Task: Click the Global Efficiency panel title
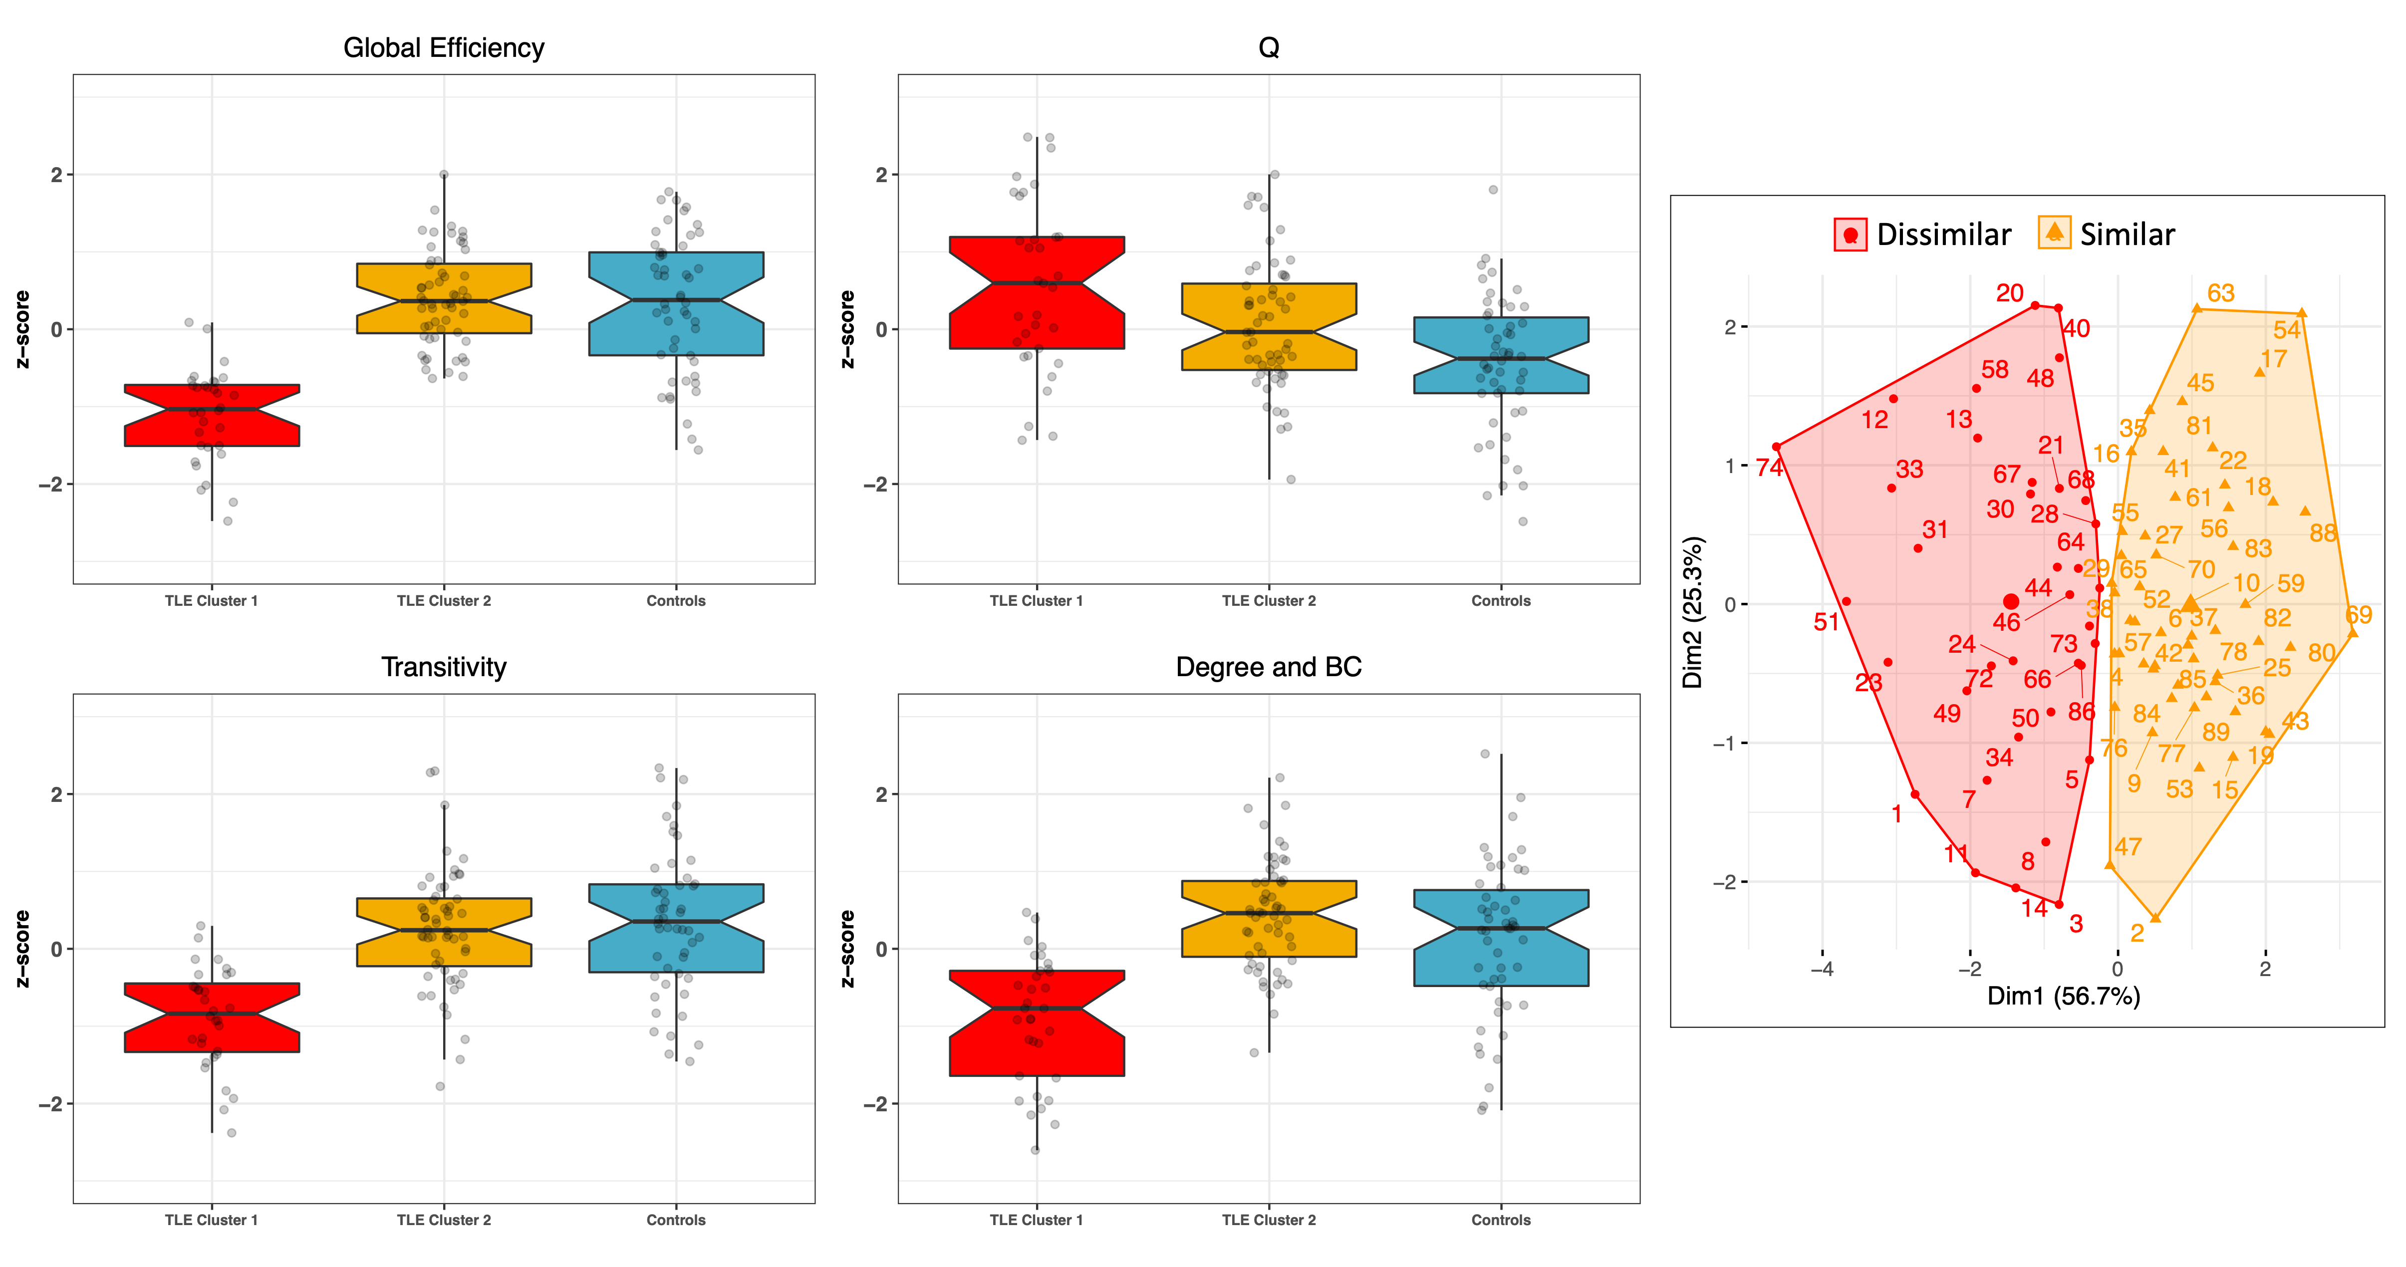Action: [444, 47]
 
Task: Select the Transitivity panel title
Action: [444, 667]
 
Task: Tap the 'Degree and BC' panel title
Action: [1269, 667]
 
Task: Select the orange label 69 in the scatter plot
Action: [2359, 614]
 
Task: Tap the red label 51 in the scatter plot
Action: [1826, 622]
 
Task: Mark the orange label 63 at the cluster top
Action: [2220, 293]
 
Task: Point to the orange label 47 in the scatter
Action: [2128, 847]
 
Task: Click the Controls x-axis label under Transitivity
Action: [675, 1220]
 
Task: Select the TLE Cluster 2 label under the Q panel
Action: [1269, 600]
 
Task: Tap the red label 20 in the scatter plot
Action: [2009, 293]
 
